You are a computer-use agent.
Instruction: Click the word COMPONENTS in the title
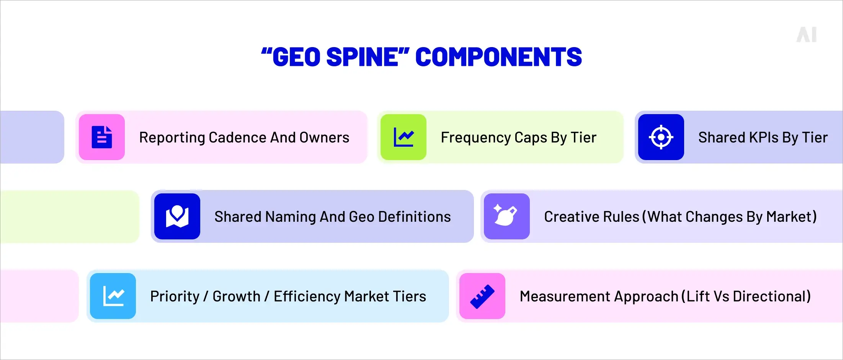(x=498, y=57)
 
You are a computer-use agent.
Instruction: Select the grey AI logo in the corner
(x=807, y=35)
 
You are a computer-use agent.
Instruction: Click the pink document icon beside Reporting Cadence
(x=102, y=137)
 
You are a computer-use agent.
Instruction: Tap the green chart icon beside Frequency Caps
(x=404, y=137)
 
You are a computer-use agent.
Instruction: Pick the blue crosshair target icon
(x=661, y=137)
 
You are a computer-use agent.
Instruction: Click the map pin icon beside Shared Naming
(x=177, y=216)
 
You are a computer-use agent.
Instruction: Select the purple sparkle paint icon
(x=506, y=216)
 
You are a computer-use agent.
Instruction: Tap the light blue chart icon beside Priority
(x=113, y=296)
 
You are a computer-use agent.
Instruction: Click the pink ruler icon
(x=482, y=296)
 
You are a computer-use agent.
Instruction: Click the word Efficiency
(x=307, y=296)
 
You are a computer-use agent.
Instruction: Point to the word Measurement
(x=557, y=296)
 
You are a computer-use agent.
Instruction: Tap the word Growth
(x=236, y=296)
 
